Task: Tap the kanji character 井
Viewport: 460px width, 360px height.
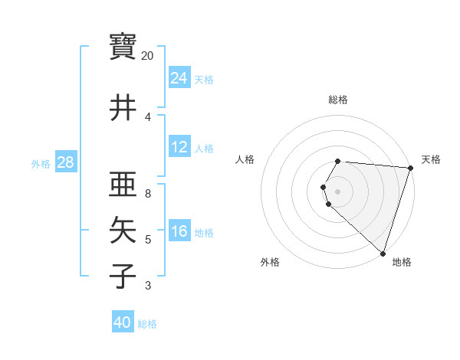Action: (123, 108)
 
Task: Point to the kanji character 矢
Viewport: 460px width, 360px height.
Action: (123, 230)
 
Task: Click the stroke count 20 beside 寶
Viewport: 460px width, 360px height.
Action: (148, 56)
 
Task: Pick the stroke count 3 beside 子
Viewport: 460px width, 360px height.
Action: (148, 286)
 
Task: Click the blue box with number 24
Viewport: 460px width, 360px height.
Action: (179, 78)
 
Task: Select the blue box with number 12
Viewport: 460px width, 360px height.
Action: (179, 147)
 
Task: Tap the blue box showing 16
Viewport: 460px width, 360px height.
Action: (179, 231)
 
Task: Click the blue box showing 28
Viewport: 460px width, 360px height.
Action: (65, 162)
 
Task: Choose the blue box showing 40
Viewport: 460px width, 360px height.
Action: (123, 322)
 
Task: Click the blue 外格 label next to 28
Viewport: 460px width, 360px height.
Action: (40, 163)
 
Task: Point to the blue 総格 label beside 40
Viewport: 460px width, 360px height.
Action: (147, 324)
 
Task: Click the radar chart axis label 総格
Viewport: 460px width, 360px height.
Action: (338, 100)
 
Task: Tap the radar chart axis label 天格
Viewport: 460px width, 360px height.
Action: (431, 159)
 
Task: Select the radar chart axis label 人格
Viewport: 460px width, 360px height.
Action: (245, 159)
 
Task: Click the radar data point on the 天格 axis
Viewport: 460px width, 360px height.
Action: (411, 168)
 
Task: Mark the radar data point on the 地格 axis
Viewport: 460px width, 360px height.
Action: (383, 253)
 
